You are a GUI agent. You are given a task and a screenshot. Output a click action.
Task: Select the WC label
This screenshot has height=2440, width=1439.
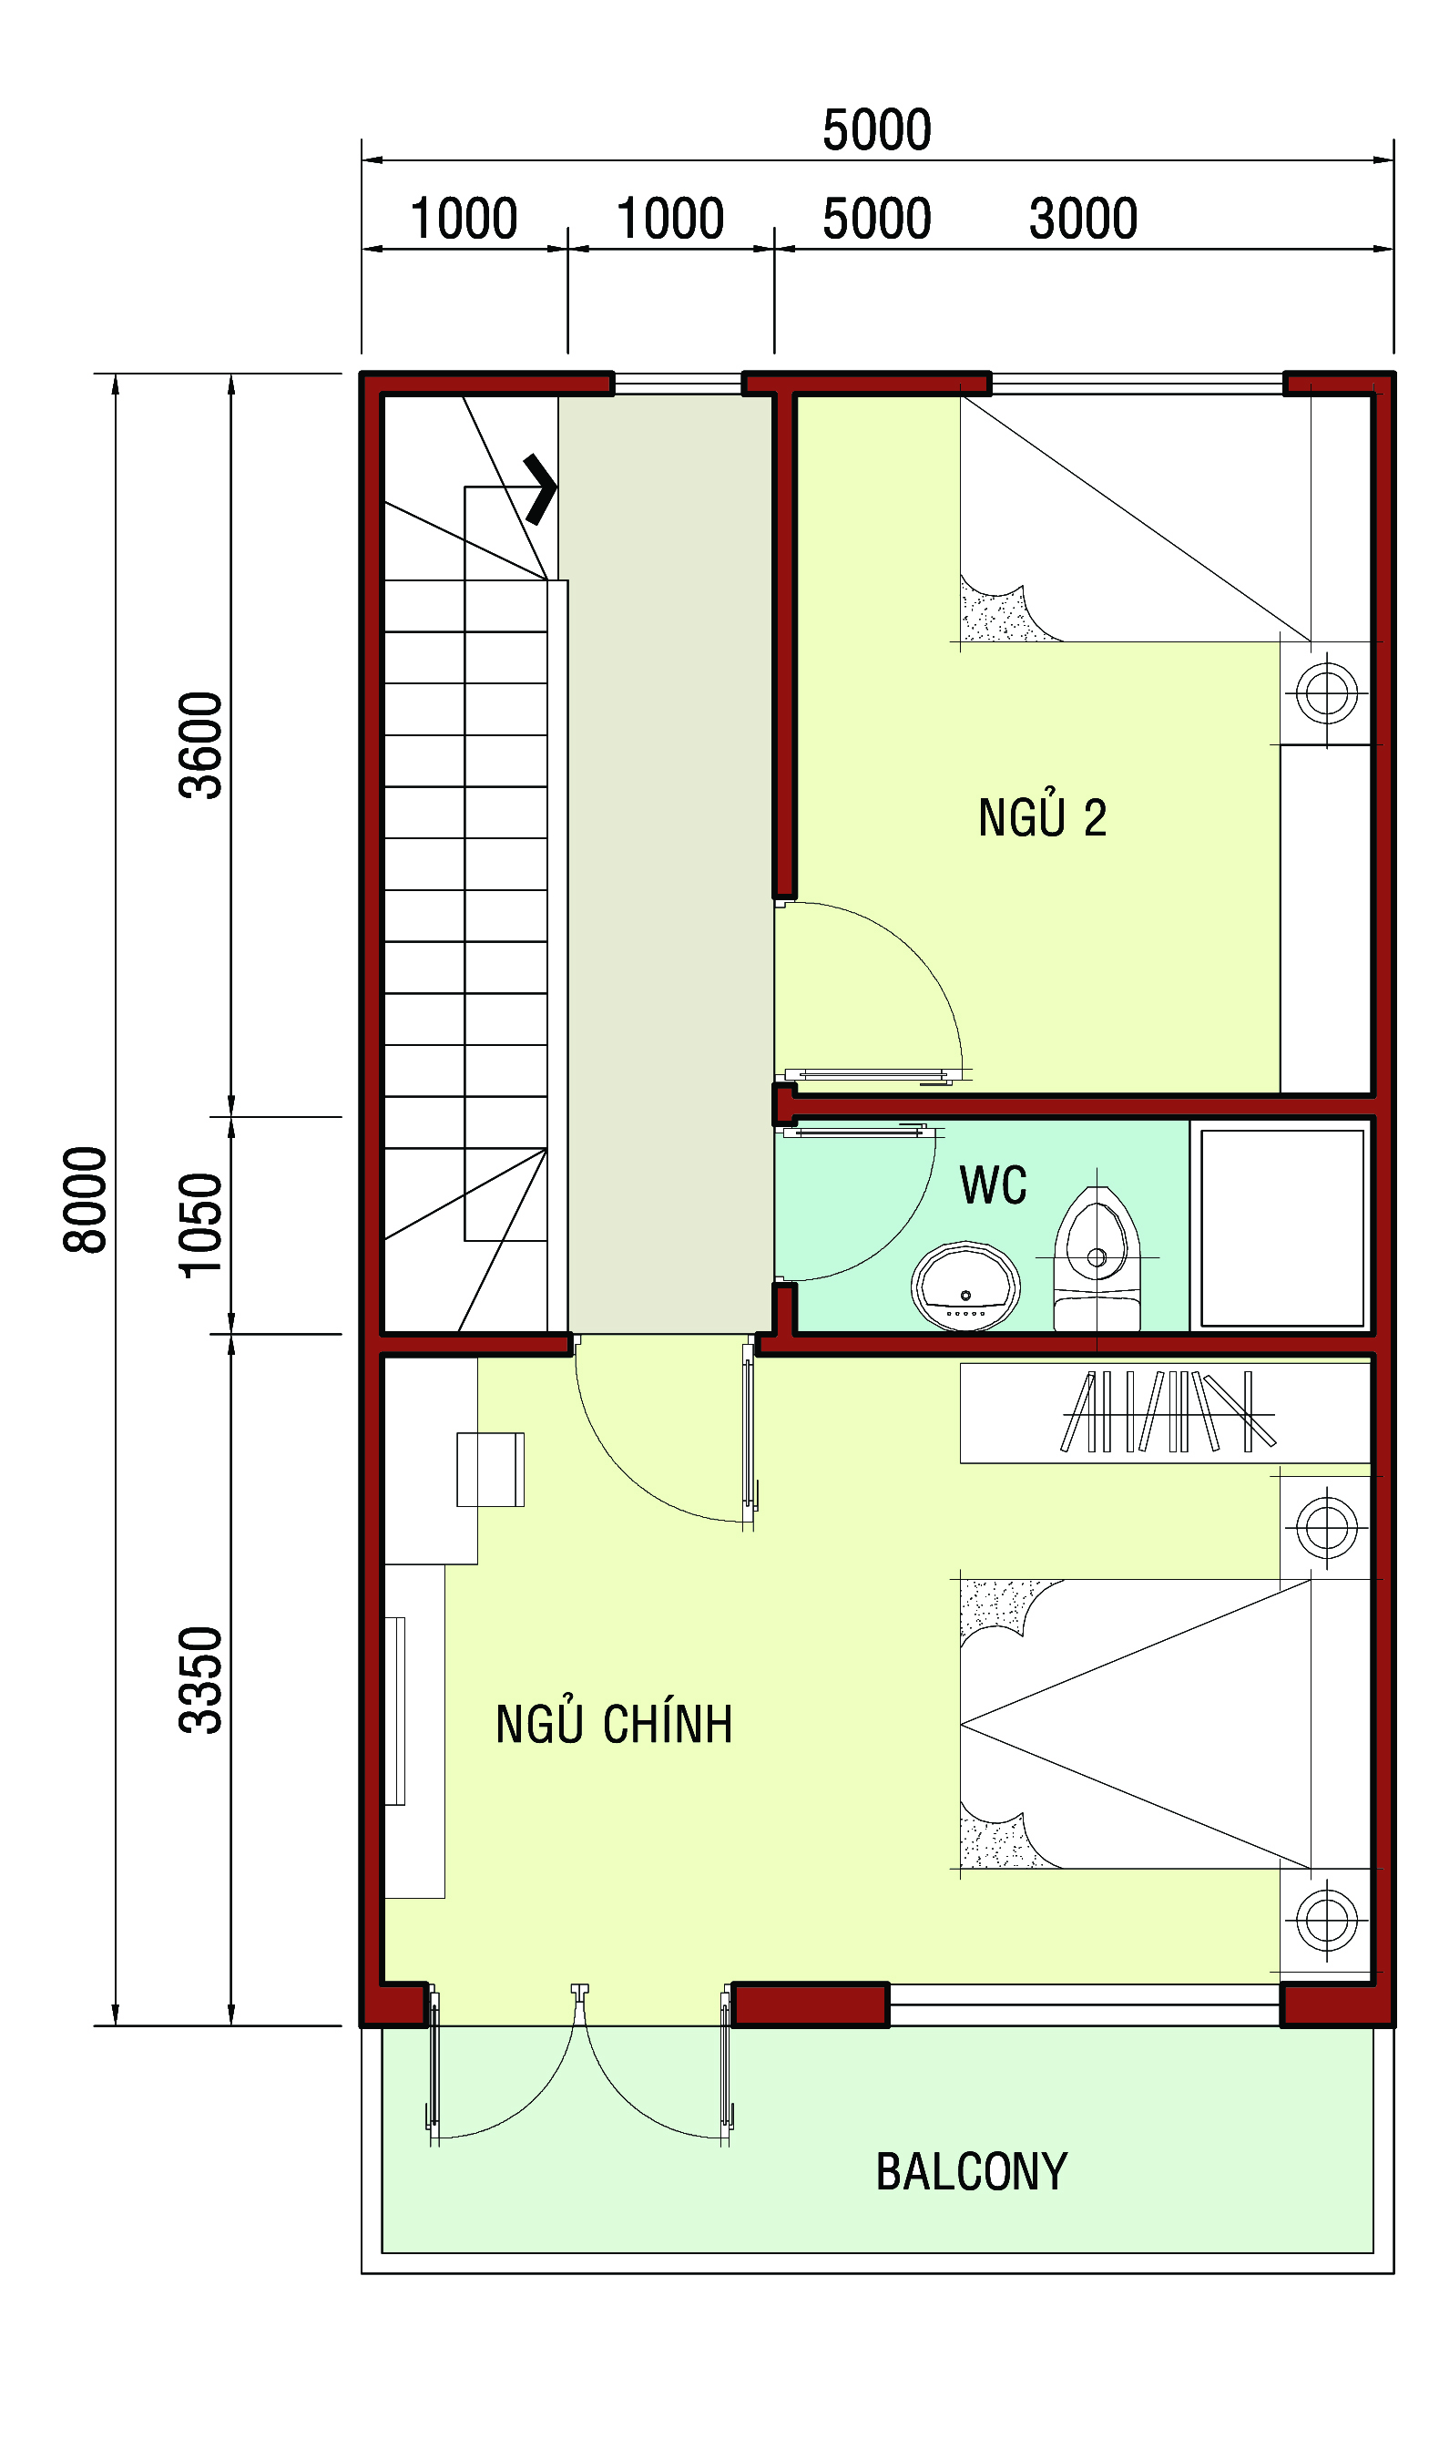point(993,1185)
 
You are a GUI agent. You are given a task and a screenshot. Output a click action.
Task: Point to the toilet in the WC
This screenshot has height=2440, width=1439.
point(1097,1260)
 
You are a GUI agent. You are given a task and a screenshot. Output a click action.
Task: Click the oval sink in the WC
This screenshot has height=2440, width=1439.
point(964,1286)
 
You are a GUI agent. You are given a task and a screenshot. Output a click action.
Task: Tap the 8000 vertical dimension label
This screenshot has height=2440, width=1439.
point(86,1200)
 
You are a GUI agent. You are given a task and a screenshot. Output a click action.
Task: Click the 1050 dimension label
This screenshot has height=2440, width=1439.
point(200,1225)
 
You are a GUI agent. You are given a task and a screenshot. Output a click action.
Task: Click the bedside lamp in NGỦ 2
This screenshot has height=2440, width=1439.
point(1326,692)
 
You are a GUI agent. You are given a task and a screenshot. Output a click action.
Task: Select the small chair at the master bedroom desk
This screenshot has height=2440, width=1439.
point(491,1470)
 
